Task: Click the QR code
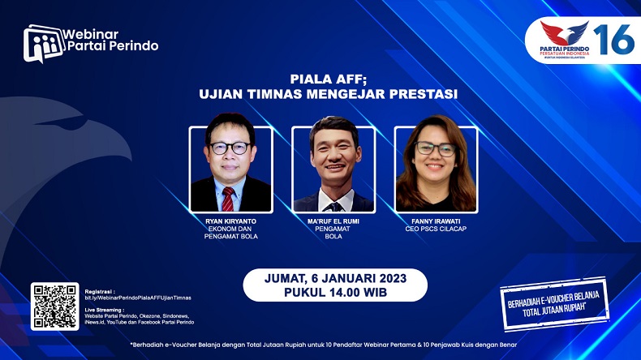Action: [x=54, y=306]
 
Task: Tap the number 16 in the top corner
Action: [x=612, y=38]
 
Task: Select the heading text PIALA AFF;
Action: [x=328, y=79]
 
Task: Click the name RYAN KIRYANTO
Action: [x=230, y=221]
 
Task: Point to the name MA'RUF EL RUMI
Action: [x=333, y=221]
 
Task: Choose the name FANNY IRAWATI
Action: [x=436, y=221]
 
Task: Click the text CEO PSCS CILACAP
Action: [x=436, y=229]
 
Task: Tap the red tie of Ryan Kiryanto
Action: [x=228, y=198]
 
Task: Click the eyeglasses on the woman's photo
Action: [x=436, y=149]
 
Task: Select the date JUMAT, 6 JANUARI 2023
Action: [x=335, y=278]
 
